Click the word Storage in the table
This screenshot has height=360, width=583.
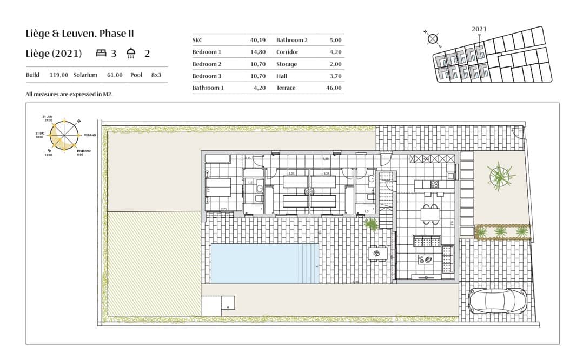coord(286,64)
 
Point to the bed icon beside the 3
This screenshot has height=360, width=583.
coord(101,53)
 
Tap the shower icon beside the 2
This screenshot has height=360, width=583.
coord(130,53)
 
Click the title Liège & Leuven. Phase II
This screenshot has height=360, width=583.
coord(79,34)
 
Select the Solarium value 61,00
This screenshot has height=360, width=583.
coord(115,75)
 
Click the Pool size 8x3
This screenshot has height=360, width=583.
coord(156,75)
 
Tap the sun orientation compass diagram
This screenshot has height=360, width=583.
coord(64,135)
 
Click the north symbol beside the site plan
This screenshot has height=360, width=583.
coord(432,38)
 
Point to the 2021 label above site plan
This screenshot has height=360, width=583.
coord(479,29)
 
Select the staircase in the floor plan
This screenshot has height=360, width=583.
coord(387,203)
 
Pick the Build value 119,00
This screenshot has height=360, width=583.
coord(59,75)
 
